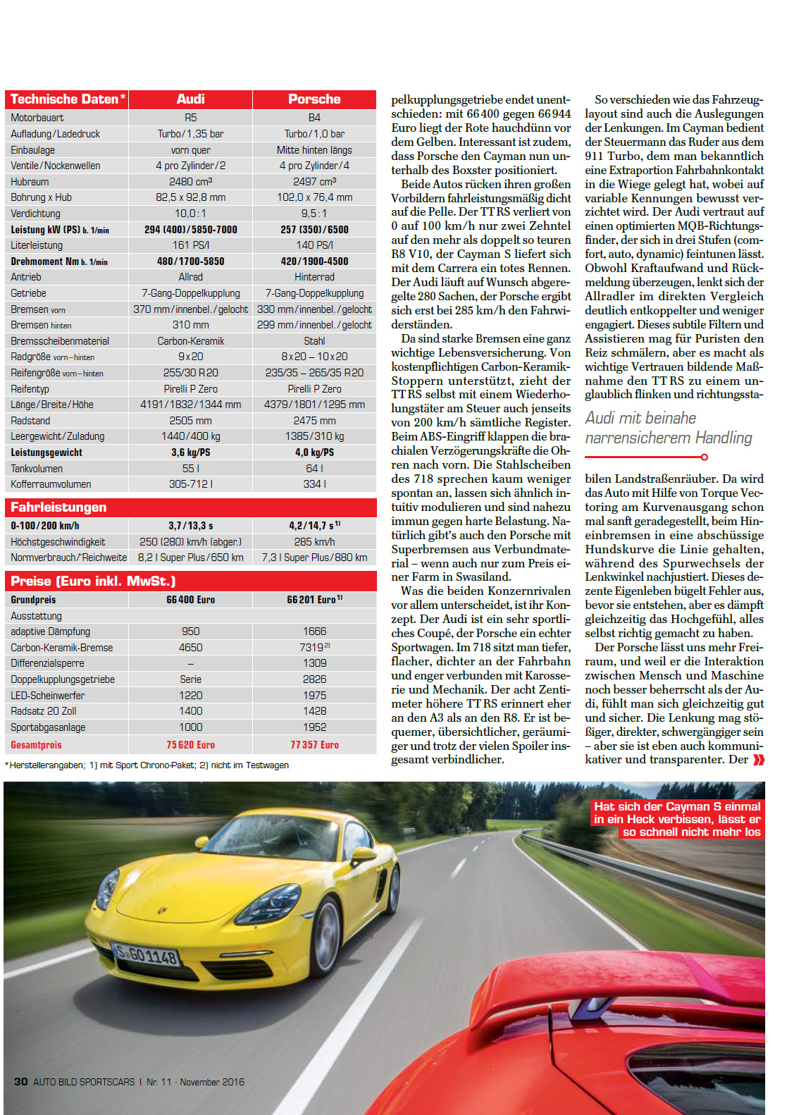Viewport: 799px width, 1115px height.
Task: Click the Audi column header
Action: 190,99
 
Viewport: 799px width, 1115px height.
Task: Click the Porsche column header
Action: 314,99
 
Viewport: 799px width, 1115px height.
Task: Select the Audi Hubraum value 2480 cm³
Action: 190,182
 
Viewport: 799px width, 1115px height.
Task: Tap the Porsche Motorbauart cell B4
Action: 314,118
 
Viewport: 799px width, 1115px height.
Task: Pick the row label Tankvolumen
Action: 37,469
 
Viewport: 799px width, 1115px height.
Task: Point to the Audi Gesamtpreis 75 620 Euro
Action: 190,745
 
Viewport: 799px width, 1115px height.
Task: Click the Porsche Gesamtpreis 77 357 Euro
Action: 314,745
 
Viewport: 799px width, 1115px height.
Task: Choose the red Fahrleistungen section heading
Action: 58,507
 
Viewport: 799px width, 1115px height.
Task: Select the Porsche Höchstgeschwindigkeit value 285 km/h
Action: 314,542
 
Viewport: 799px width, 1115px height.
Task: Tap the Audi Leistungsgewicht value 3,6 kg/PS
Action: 190,452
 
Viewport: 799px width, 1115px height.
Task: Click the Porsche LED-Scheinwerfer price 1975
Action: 314,696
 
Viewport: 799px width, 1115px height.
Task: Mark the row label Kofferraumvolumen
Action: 51,484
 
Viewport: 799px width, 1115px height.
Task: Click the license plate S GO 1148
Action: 147,956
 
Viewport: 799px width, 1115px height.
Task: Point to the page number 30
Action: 21,1082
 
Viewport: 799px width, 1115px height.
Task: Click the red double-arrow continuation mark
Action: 758,760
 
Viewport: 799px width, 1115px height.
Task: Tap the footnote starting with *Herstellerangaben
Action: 147,765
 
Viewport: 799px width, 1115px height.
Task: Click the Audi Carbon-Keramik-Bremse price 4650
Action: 190,648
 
